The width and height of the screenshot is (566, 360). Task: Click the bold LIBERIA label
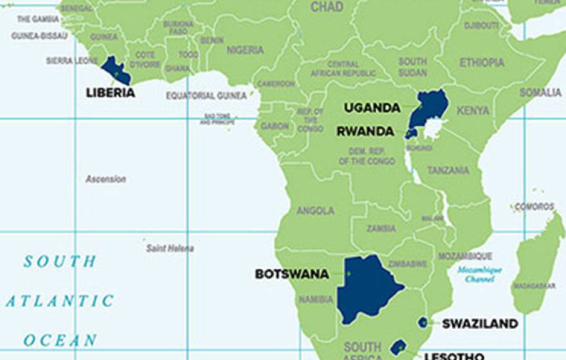coord(111,93)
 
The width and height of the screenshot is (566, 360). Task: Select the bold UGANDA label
coord(372,107)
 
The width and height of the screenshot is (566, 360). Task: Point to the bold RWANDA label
coord(365,131)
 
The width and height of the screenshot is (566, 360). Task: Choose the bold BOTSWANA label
coord(292,274)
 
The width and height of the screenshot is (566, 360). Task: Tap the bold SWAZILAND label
coord(480,323)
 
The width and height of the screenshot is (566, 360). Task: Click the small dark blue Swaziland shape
coord(423,322)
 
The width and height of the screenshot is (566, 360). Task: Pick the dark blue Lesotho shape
coord(398,347)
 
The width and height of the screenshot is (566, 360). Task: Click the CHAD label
coord(327,7)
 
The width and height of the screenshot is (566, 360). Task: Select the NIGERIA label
coord(245,50)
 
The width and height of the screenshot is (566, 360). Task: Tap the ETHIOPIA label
coord(482,62)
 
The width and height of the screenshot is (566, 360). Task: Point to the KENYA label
coord(473,111)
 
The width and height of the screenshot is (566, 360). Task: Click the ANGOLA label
coord(315,210)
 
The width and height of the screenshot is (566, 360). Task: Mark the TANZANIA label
coord(448,170)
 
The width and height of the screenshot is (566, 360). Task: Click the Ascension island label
coord(106,179)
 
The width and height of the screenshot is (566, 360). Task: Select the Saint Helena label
coord(170,248)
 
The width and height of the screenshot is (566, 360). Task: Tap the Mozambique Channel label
coord(480,274)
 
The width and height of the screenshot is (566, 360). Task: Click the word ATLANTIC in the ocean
coord(60,301)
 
